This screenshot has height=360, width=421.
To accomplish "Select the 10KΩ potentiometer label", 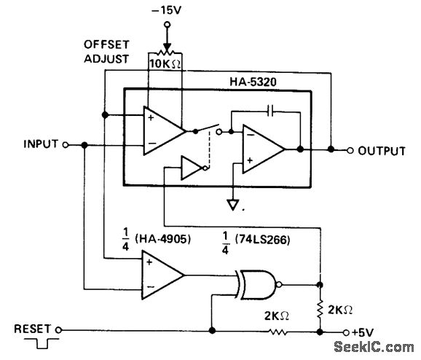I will [x=165, y=63].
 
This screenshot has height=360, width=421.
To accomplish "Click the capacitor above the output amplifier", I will [x=270, y=111].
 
